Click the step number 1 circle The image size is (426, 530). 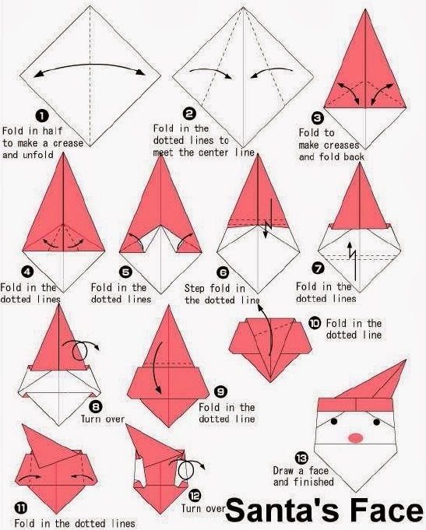[x=42, y=116]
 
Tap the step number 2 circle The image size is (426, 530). [x=189, y=114]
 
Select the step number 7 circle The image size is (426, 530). [x=318, y=269]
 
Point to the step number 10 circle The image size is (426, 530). [x=315, y=323]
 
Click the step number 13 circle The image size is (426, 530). [x=301, y=458]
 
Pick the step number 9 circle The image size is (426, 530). [x=220, y=391]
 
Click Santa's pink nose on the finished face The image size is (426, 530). [x=356, y=437]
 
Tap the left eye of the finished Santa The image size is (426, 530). [x=334, y=421]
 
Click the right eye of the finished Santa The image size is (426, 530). [x=377, y=422]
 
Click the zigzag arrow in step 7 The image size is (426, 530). [x=352, y=260]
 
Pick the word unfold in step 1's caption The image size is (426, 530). [x=38, y=155]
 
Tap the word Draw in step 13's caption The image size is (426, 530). [x=283, y=471]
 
